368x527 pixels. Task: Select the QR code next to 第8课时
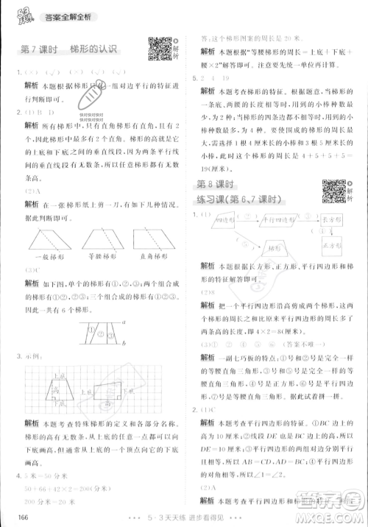pyautogui.click(x=333, y=191)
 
